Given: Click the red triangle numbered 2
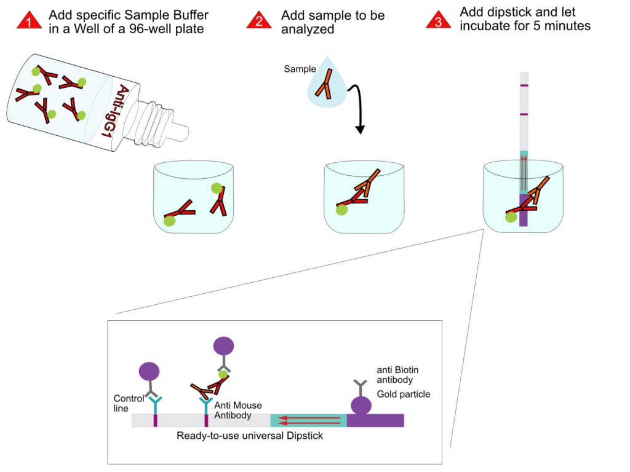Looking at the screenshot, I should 259,22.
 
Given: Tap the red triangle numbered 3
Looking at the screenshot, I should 437,22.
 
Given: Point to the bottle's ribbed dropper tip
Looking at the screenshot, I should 164,120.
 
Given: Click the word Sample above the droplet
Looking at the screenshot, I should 300,69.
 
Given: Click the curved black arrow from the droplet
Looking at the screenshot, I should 357,108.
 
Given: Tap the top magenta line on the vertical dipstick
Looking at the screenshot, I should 524,85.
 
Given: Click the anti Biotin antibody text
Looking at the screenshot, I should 397,375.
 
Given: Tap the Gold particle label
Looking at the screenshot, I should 404,393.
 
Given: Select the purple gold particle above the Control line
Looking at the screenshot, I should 150,371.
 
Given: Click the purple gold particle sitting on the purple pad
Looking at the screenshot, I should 361,405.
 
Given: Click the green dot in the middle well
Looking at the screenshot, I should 341,210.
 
